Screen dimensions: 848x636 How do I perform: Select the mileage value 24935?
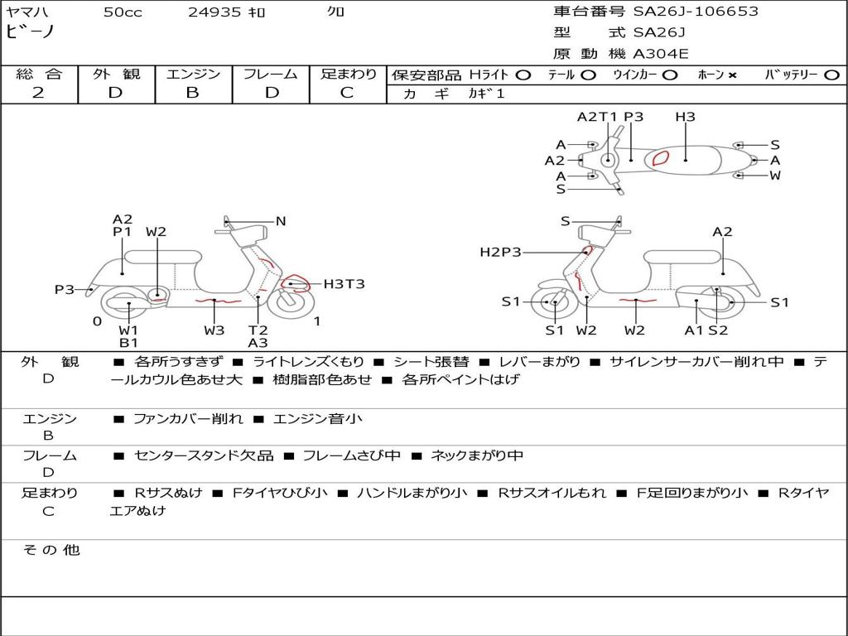pyautogui.click(x=214, y=12)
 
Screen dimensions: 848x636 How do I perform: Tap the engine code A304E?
pyautogui.click(x=660, y=54)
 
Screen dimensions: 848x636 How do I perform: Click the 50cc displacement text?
pyautogui.click(x=123, y=12)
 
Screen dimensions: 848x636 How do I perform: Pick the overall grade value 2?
pyautogui.click(x=38, y=93)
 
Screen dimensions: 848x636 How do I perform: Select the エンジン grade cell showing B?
pyautogui.click(x=192, y=93)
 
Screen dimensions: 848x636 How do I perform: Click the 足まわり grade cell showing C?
pyautogui.click(x=347, y=93)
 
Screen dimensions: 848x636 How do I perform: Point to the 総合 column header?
pyautogui.click(x=39, y=75)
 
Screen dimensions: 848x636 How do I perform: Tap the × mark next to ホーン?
pyautogui.click(x=732, y=75)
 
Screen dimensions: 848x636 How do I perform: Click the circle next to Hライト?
pyautogui.click(x=523, y=75)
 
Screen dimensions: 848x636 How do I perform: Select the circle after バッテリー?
pyautogui.click(x=831, y=75)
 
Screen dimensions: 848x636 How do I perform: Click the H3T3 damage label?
pyautogui.click(x=344, y=284)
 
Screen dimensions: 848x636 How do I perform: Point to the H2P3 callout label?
pyautogui.click(x=500, y=252)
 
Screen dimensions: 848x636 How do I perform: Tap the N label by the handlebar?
pyautogui.click(x=281, y=221)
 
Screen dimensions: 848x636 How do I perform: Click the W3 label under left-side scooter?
pyautogui.click(x=214, y=330)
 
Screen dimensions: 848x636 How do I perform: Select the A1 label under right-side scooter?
pyautogui.click(x=693, y=330)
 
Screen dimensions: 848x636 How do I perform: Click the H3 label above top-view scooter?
pyautogui.click(x=685, y=117)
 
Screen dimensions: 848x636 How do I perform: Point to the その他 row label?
pyautogui.click(x=51, y=550)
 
